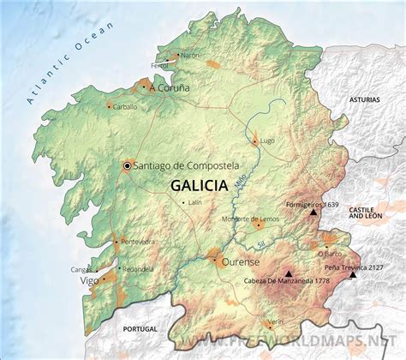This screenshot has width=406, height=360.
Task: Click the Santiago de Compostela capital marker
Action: point(128,165)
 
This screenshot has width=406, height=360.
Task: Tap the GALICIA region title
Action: point(199,185)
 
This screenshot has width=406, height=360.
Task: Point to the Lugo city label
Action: point(266,139)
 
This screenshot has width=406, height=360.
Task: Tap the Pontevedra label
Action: point(138,243)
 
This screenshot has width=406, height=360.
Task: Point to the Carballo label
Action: point(125,107)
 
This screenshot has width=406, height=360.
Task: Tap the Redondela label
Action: point(138,267)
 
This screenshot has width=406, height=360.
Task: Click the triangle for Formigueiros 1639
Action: point(313,213)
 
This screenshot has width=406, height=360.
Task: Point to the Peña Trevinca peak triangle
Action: point(353,276)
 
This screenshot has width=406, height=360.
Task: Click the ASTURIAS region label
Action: point(363,100)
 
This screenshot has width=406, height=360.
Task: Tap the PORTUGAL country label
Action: point(141,329)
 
